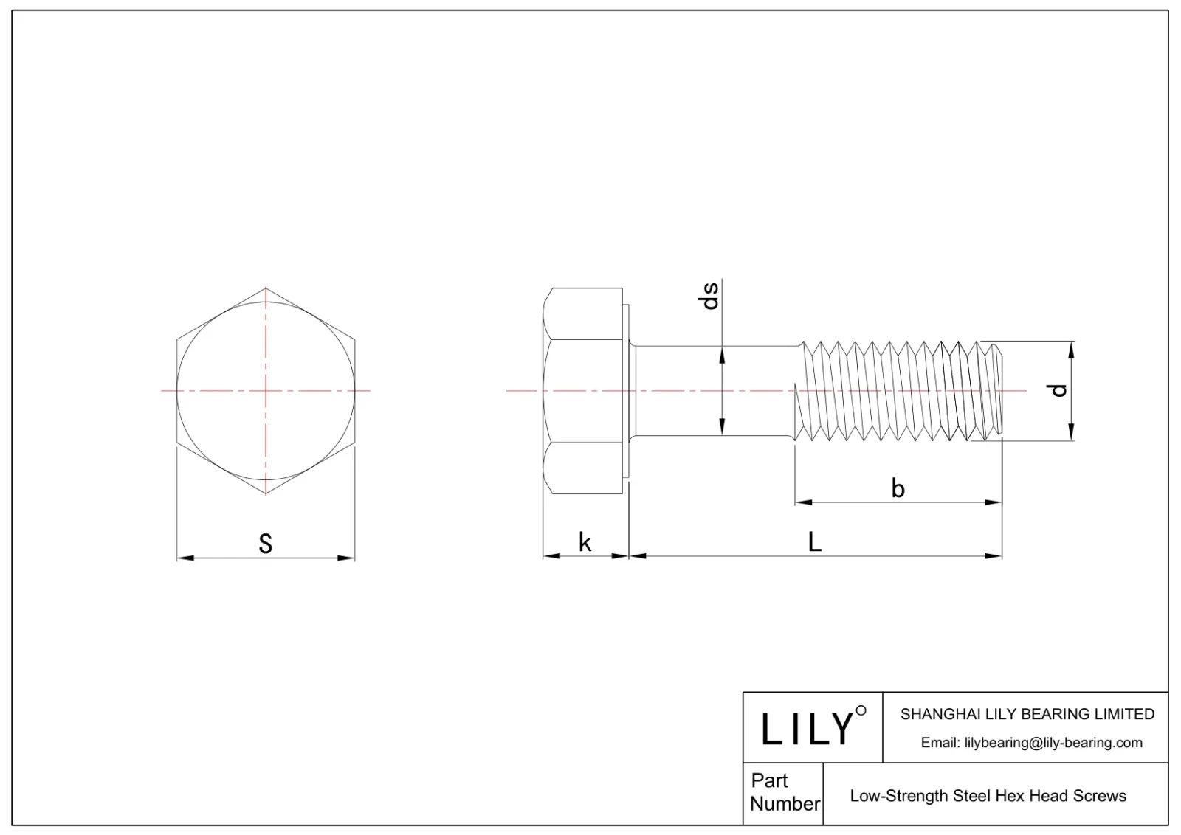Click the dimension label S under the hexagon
coord(266,544)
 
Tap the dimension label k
coord(585,543)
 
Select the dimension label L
coord(815,542)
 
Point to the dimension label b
coord(898,488)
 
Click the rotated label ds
coord(709,296)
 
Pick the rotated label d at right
coord(1059,390)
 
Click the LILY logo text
coord(808,729)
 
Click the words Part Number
coord(783,792)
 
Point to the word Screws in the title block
coord(1100,796)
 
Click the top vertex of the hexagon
coord(266,288)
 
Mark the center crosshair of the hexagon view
coord(266,390)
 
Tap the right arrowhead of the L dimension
coord(996,555)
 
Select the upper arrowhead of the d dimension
coord(1072,347)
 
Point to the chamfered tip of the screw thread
coord(996,390)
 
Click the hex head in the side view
coord(583,390)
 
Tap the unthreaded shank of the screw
coord(716,390)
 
